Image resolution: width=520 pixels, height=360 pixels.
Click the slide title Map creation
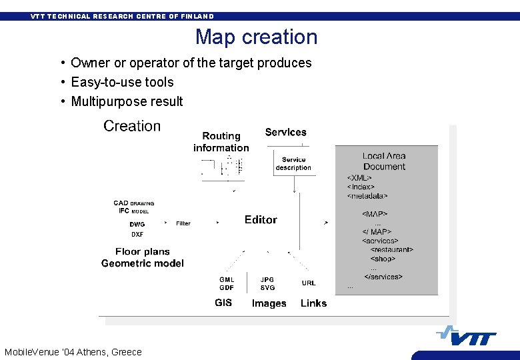click(x=256, y=37)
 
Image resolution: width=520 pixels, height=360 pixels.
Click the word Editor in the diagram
click(x=261, y=219)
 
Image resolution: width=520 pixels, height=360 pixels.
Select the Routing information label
click(x=221, y=142)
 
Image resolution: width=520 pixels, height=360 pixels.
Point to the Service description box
click(x=293, y=164)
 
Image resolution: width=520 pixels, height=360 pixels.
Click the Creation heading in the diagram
click(x=132, y=126)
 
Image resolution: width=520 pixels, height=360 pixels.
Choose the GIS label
click(x=223, y=303)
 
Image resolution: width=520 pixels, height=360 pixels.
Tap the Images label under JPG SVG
click(x=269, y=303)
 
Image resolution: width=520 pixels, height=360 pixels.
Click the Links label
click(x=313, y=303)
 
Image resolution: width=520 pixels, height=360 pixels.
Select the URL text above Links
click(x=309, y=283)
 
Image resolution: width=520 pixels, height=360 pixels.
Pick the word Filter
click(x=183, y=223)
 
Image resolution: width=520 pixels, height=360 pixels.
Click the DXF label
click(x=137, y=235)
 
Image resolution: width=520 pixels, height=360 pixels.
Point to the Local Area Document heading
click(x=384, y=161)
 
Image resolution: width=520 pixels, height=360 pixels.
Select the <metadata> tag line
click(x=367, y=196)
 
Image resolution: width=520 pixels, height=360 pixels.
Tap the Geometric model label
click(x=143, y=263)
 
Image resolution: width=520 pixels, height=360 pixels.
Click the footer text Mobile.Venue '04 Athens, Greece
click(x=73, y=352)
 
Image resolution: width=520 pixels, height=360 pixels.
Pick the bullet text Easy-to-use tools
click(x=122, y=82)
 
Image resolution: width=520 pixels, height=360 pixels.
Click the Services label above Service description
click(x=285, y=132)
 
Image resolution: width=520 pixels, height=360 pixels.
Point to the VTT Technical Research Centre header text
click(x=122, y=16)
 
